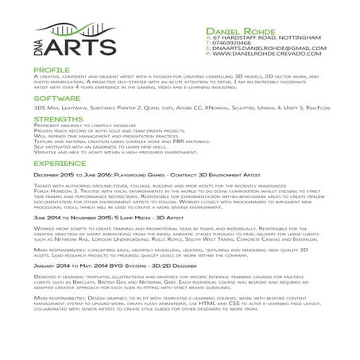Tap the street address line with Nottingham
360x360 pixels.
254,37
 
